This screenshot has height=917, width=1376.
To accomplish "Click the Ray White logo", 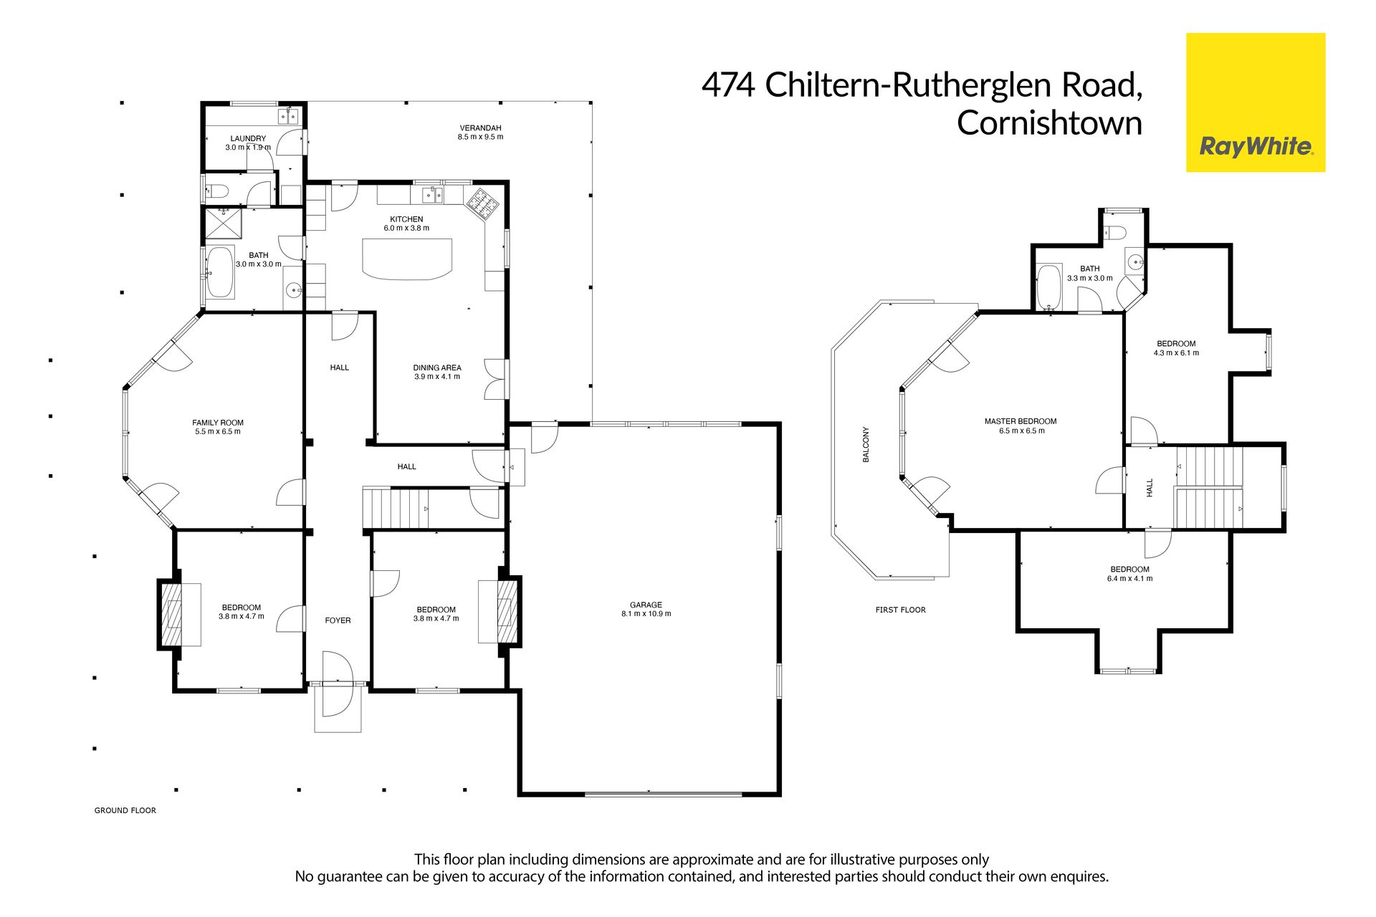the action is tap(1256, 102).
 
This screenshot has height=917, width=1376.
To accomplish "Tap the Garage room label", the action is tap(646, 605).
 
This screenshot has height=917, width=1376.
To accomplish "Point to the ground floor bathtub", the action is tap(220, 272).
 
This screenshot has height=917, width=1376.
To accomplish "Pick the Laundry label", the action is tap(248, 138).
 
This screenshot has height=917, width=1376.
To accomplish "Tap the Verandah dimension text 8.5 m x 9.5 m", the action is tap(480, 137).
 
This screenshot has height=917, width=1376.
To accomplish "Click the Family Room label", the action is tap(218, 423).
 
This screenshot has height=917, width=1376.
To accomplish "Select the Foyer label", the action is tap(338, 620).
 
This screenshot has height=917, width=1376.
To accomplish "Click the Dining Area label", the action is tap(437, 368).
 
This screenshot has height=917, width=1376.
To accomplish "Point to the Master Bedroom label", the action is tap(1021, 421).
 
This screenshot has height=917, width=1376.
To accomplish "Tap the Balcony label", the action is tap(866, 444).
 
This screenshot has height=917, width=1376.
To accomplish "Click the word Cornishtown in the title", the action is tap(1049, 123).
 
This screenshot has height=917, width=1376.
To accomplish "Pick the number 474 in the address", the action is tap(728, 85).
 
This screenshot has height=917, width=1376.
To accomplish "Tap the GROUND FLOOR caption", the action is tap(125, 810).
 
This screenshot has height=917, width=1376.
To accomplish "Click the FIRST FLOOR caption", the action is tap(901, 610).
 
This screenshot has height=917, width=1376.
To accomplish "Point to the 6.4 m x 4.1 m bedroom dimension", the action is tap(1129, 578).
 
